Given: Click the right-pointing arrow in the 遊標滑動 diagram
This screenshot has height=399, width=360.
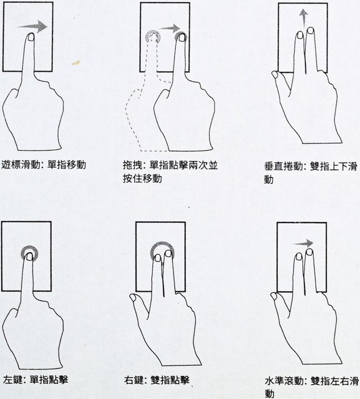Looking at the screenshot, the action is click(32, 27).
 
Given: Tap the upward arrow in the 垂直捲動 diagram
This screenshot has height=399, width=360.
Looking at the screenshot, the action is click(303, 18).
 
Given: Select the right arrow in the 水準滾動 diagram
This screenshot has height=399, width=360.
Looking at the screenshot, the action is click(303, 244).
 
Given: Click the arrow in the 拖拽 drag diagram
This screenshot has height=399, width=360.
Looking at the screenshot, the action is click(170, 28).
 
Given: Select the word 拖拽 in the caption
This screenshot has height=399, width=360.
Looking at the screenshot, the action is click(133, 165).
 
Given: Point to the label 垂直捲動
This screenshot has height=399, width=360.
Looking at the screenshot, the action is click(284, 166).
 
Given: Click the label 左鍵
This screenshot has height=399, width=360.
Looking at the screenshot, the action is click(12, 380).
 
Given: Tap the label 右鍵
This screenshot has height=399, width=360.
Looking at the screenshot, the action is click(134, 380).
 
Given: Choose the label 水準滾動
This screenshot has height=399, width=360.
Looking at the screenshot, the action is click(285, 381).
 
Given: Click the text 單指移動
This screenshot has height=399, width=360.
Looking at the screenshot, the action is click(67, 165).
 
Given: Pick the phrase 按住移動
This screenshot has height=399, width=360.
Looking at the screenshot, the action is click(143, 178).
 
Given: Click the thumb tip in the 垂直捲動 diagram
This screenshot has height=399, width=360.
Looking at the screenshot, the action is click(275, 74).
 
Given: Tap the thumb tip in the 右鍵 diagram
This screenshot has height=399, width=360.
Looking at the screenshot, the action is click(133, 297).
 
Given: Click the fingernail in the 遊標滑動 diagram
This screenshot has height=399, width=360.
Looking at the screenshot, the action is click(31, 37).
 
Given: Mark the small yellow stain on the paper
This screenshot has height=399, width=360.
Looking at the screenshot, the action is click(76, 62).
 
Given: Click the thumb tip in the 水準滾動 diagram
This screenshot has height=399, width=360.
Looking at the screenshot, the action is click(274, 296).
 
